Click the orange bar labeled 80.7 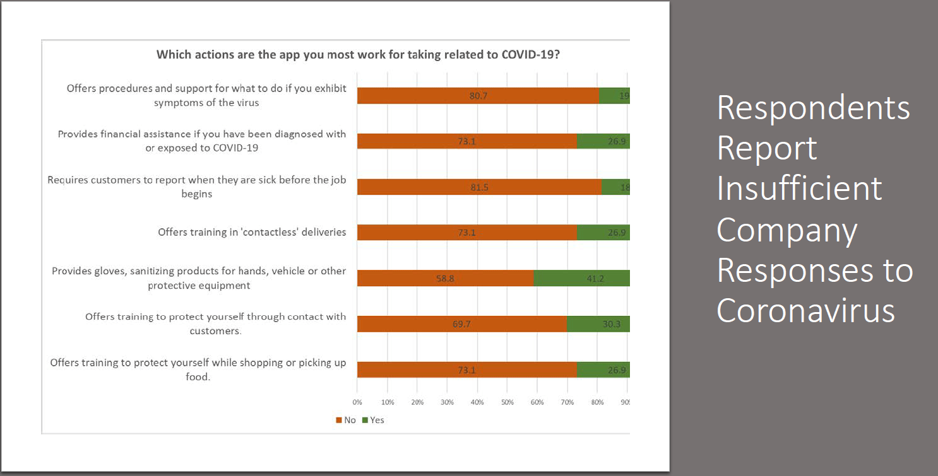(x=478, y=96)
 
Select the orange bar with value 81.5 (x=479, y=187)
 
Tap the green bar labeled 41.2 (x=582, y=278)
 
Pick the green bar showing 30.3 (x=598, y=324)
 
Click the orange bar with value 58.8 (x=445, y=278)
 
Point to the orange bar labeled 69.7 (x=461, y=324)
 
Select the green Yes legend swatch (x=365, y=420)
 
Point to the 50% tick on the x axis (x=508, y=402)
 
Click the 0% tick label (x=357, y=402)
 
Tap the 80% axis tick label (x=597, y=402)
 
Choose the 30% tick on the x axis (x=447, y=402)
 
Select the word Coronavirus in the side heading (x=805, y=310)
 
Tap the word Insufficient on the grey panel (x=799, y=189)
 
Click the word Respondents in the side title (x=813, y=108)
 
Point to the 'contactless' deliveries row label (x=252, y=232)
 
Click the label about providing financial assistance (x=202, y=141)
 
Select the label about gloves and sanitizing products (x=199, y=278)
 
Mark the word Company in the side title (x=787, y=229)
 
